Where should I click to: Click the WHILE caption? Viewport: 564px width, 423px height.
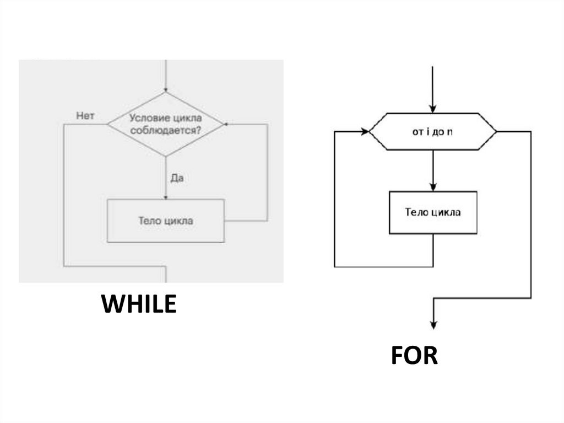(139, 304)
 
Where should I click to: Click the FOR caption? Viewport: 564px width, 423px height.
(414, 356)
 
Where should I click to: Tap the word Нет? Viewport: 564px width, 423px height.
(85, 116)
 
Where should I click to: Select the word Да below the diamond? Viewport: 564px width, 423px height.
(177, 179)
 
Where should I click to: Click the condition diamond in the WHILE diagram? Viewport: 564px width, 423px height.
(165, 125)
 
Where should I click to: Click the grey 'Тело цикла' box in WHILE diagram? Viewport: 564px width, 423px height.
(165, 221)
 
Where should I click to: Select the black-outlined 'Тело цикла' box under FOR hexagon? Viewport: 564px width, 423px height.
(433, 212)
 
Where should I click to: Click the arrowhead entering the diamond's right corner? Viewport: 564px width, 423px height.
(227, 125)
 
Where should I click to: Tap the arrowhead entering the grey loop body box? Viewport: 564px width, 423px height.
(165, 196)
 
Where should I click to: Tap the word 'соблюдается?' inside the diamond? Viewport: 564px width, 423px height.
(165, 131)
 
